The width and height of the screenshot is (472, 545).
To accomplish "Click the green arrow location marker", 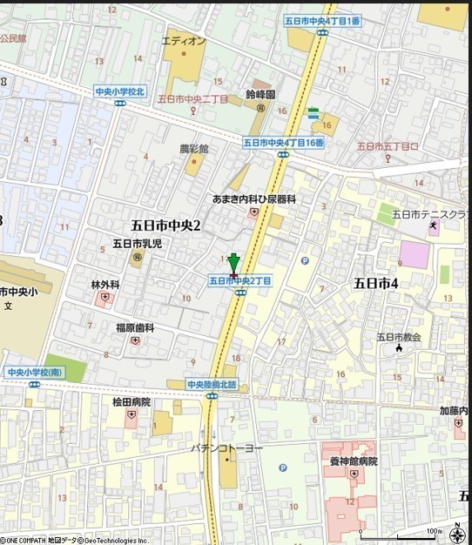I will (233, 264).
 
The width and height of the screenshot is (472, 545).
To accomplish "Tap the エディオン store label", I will (184, 41).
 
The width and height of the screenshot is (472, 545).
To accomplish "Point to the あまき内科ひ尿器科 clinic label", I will (254, 199).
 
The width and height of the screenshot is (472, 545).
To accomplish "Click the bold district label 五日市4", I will (375, 283).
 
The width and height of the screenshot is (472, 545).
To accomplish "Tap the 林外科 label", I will (104, 285).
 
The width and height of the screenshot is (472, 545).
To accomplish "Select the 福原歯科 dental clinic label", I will (135, 327).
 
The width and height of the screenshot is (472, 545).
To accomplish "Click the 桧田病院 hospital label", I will (131, 402).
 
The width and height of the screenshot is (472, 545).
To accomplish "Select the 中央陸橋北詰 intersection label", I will (217, 384).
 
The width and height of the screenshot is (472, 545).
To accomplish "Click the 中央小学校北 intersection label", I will (119, 91).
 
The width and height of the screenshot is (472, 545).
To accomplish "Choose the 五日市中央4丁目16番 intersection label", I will (283, 142).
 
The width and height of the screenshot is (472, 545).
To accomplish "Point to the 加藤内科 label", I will (455, 409).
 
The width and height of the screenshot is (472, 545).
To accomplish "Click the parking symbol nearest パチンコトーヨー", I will (282, 468).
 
